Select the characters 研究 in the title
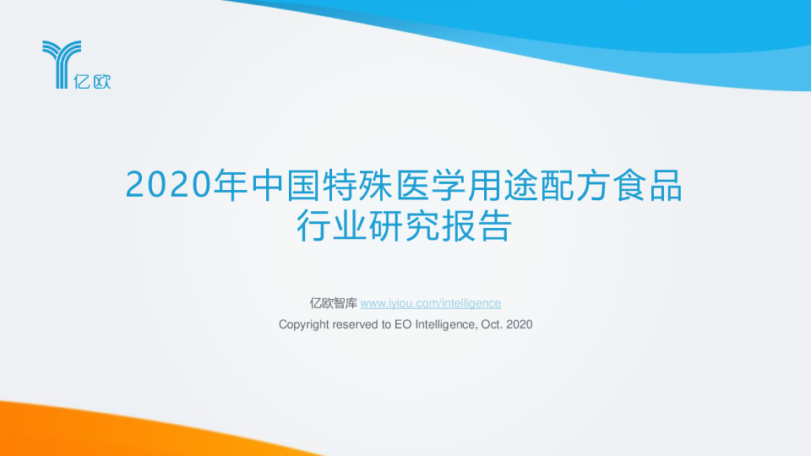pos(404,225)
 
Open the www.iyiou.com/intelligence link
pos(431,303)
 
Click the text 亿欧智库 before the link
pos(334,303)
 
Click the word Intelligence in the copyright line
pos(444,324)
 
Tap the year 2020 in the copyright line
pos(520,324)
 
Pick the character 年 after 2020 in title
pos(231,186)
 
